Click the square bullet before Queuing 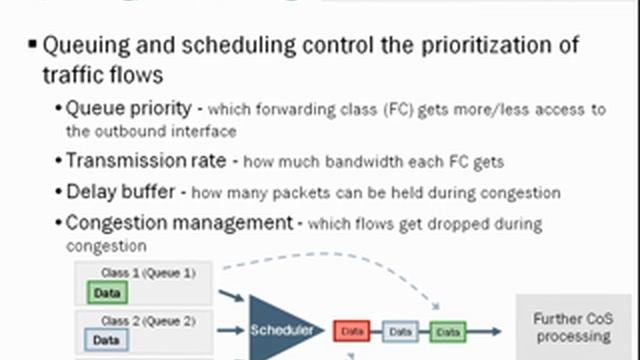(x=33, y=46)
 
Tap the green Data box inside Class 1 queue (x=107, y=292)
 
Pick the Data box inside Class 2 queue (x=105, y=340)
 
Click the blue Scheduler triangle (x=281, y=329)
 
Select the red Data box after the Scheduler (x=351, y=330)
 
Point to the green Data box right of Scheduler (x=446, y=330)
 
